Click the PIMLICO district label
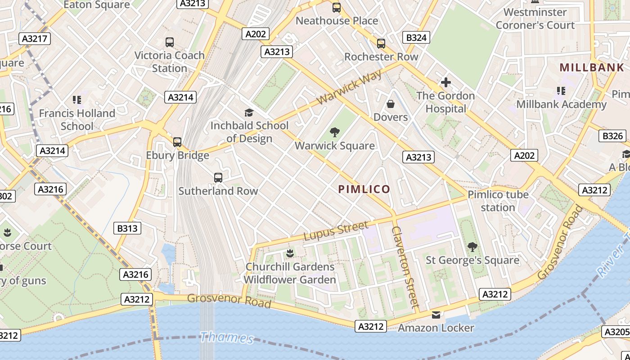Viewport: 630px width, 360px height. (x=364, y=189)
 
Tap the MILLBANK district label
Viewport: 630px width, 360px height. (x=592, y=67)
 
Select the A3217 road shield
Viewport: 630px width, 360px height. (x=35, y=39)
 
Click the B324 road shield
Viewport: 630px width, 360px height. (x=416, y=37)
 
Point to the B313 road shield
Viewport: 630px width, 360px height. (x=127, y=229)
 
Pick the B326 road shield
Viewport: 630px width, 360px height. (x=612, y=136)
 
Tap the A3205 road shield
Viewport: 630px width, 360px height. (x=616, y=332)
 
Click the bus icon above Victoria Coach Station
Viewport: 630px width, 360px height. (x=170, y=42)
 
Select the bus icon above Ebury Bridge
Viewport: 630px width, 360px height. (x=177, y=142)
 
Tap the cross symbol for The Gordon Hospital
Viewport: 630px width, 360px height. (x=445, y=82)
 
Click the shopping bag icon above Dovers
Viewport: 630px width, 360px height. (x=390, y=104)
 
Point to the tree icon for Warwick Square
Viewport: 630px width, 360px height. (x=334, y=132)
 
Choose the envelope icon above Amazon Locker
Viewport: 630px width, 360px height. (x=436, y=315)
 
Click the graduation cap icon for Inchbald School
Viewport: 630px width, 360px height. (x=249, y=112)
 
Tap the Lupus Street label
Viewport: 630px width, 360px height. (x=336, y=230)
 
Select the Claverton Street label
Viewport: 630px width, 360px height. (x=405, y=266)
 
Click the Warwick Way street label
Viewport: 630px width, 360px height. (x=349, y=87)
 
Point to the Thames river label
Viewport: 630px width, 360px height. (x=227, y=337)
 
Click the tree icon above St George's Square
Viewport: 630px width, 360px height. (x=472, y=247)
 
